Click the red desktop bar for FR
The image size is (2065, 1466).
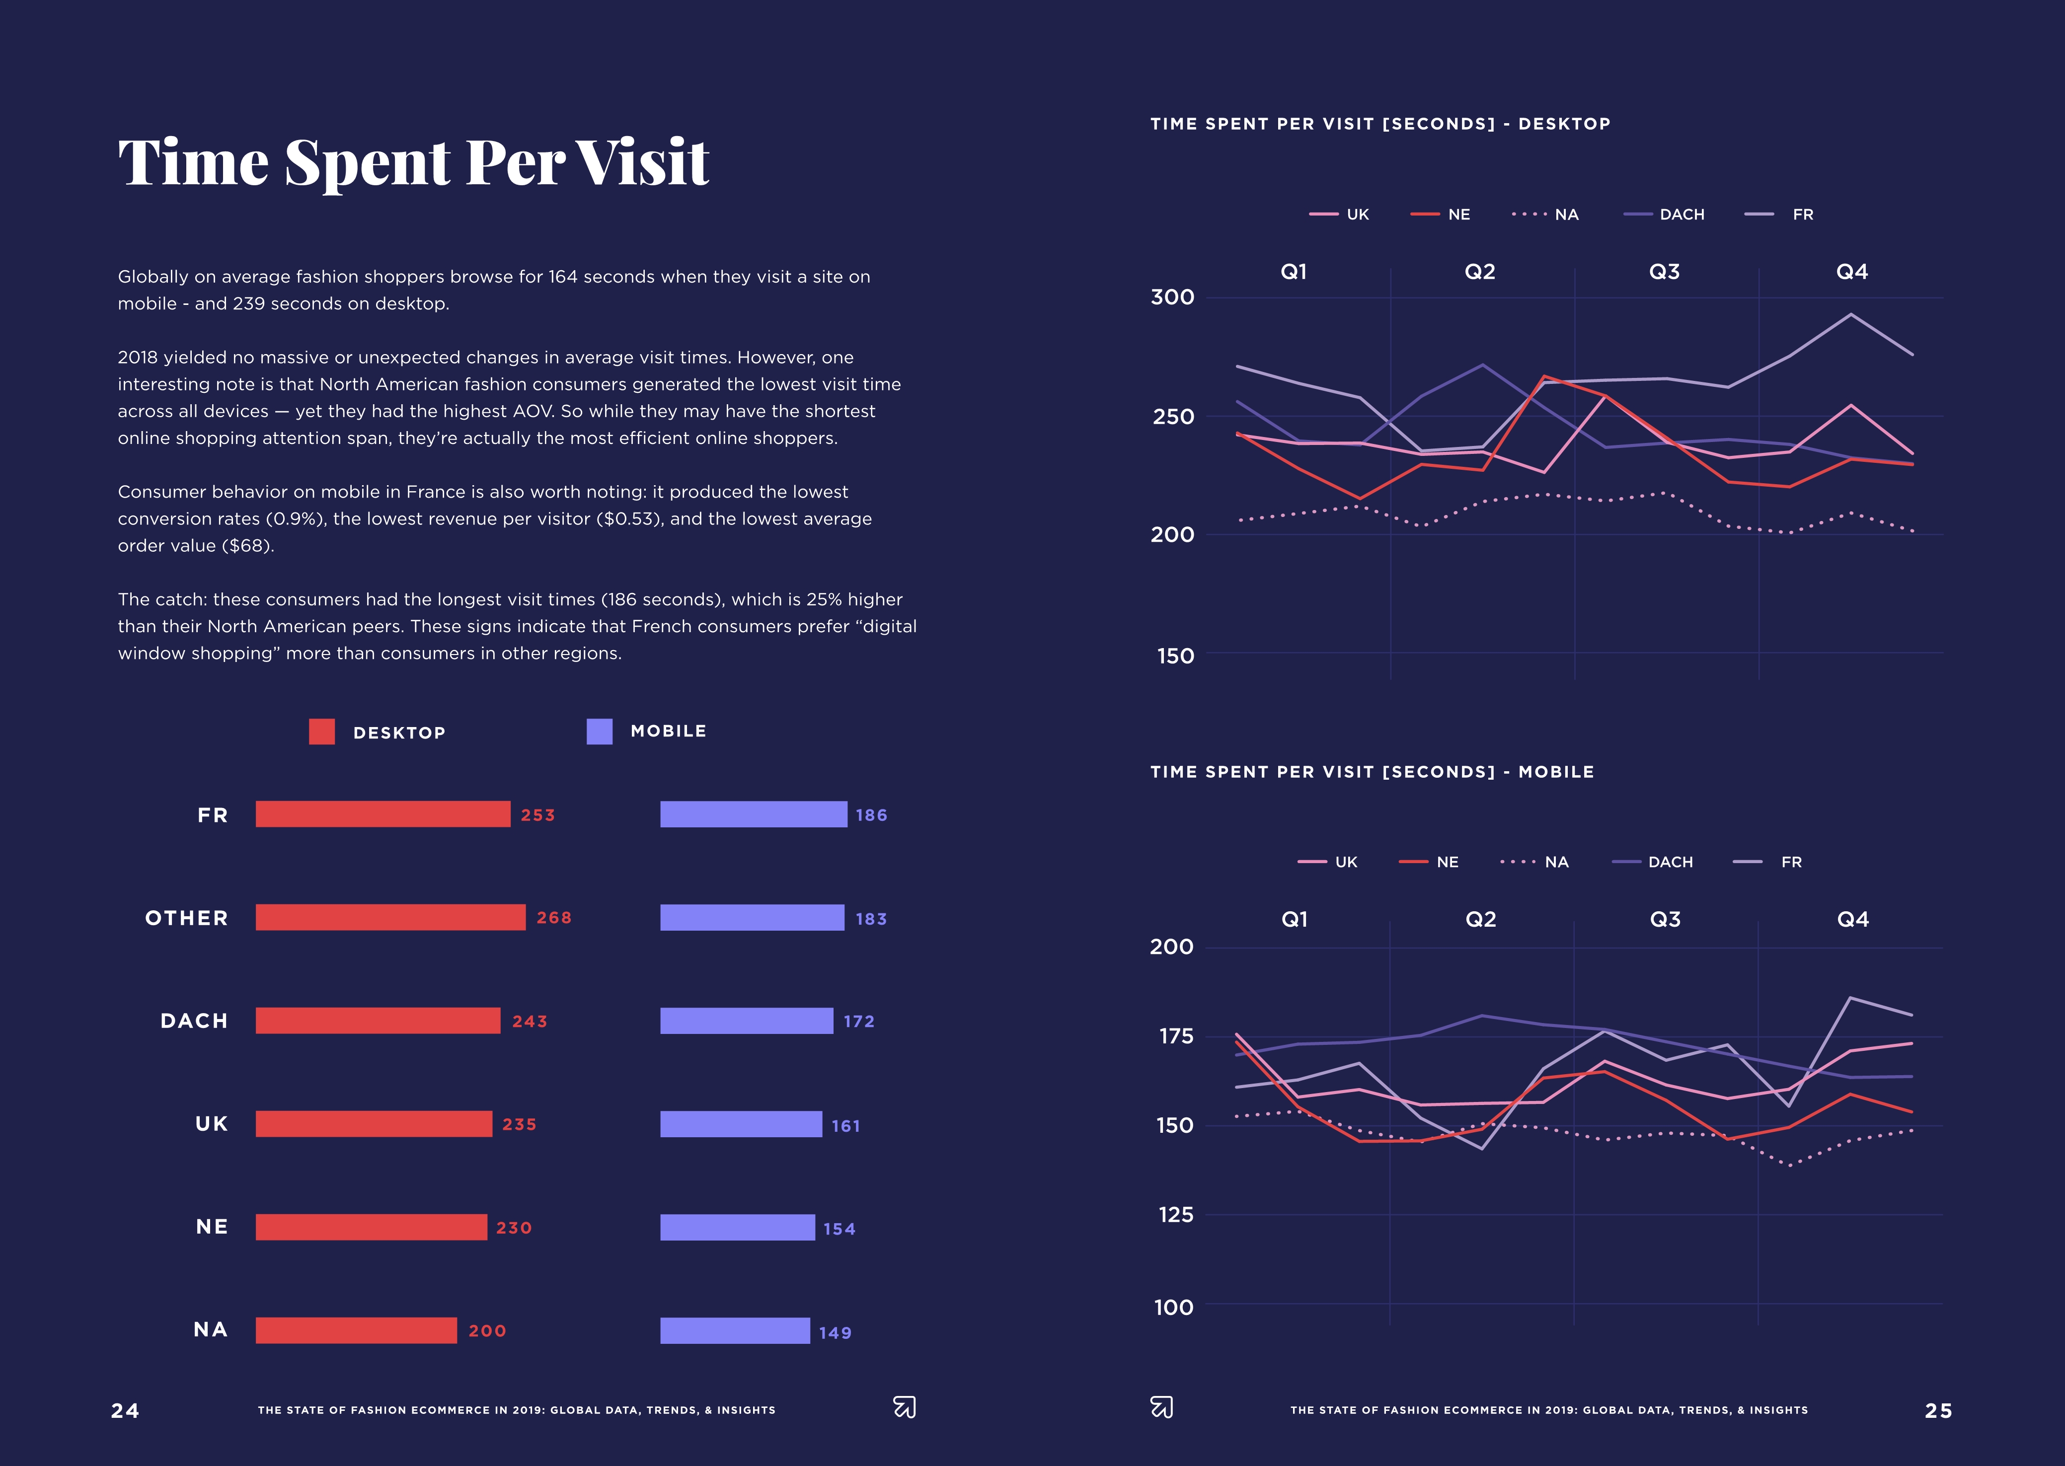[383, 814]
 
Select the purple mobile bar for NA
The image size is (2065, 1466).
[735, 1330]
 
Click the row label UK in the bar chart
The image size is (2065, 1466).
[211, 1124]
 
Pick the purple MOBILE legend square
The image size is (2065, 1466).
[600, 731]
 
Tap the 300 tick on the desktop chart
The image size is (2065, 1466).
[1172, 297]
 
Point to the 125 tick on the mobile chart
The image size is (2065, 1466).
[1176, 1215]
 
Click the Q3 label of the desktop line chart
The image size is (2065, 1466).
[1664, 272]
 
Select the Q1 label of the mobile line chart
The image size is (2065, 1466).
[1294, 919]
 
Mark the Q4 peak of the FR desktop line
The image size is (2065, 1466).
[1851, 314]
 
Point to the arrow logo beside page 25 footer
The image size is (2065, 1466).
[1162, 1407]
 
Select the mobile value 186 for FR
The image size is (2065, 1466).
[871, 815]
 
